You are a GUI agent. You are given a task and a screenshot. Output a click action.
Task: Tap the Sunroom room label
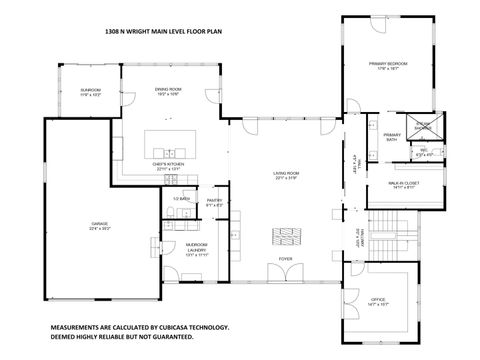coord(91,93)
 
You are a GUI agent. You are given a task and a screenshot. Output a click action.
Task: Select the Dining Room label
coord(167,93)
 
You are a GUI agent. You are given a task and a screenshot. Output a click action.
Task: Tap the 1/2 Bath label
coord(181,200)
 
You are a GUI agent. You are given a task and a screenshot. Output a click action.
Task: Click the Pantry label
coord(214,204)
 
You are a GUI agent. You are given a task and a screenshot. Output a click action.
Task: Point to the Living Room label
coord(287,177)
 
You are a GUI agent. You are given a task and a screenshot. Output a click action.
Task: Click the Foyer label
coord(286,257)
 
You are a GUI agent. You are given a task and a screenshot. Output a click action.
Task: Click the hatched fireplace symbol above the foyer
coord(286,236)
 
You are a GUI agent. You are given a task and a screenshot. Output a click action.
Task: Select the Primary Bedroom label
coord(389,66)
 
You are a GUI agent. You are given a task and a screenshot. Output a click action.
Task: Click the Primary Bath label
coord(391,138)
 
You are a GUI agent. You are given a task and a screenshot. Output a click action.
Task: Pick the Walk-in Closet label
coord(404,186)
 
